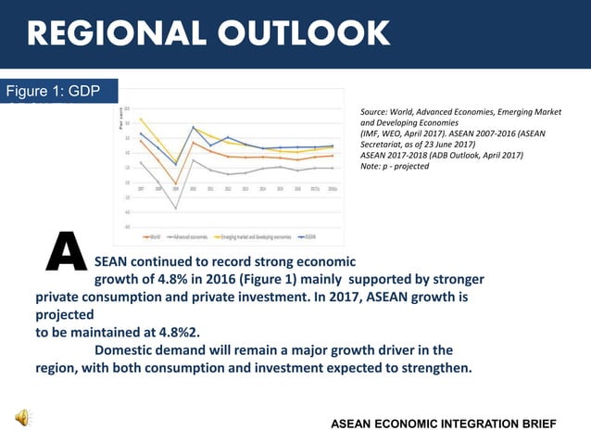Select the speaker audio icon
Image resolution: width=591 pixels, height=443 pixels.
coord(20,419)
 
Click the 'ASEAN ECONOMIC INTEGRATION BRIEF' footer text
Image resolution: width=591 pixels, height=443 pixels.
coord(444,424)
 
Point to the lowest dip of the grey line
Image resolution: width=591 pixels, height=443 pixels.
coord(175,209)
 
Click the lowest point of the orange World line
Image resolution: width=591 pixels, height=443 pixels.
coord(175,184)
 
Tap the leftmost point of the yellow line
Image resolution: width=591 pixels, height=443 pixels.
coord(141,119)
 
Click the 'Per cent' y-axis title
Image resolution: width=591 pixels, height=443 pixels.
coord(120,120)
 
